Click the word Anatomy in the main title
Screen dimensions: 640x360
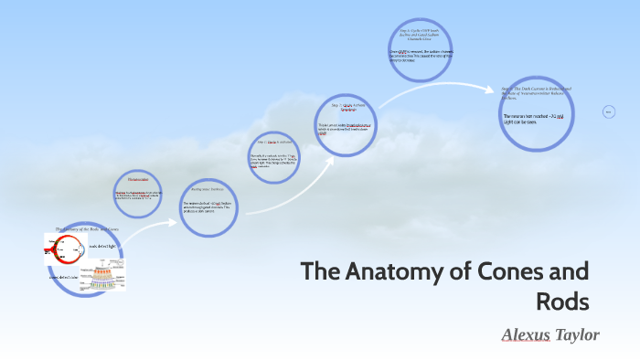(x=390, y=272)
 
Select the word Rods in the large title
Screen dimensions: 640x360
(x=562, y=300)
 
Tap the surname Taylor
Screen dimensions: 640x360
(x=578, y=335)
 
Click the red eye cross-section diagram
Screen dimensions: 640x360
(x=64, y=248)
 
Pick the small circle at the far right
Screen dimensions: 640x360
(x=609, y=112)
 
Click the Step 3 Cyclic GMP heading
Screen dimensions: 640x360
(x=418, y=36)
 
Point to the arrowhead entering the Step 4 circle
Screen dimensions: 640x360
(x=494, y=89)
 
